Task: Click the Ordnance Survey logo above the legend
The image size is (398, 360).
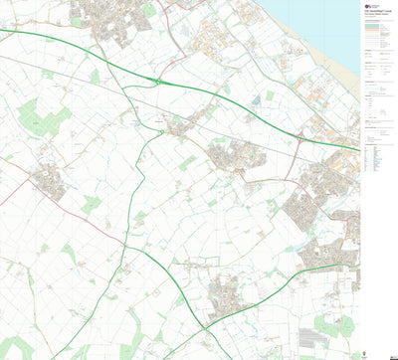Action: (371, 6)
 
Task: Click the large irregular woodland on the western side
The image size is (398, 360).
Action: (40, 119)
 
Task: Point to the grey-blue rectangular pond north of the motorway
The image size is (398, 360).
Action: (270, 96)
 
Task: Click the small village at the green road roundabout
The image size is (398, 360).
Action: (179, 126)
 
